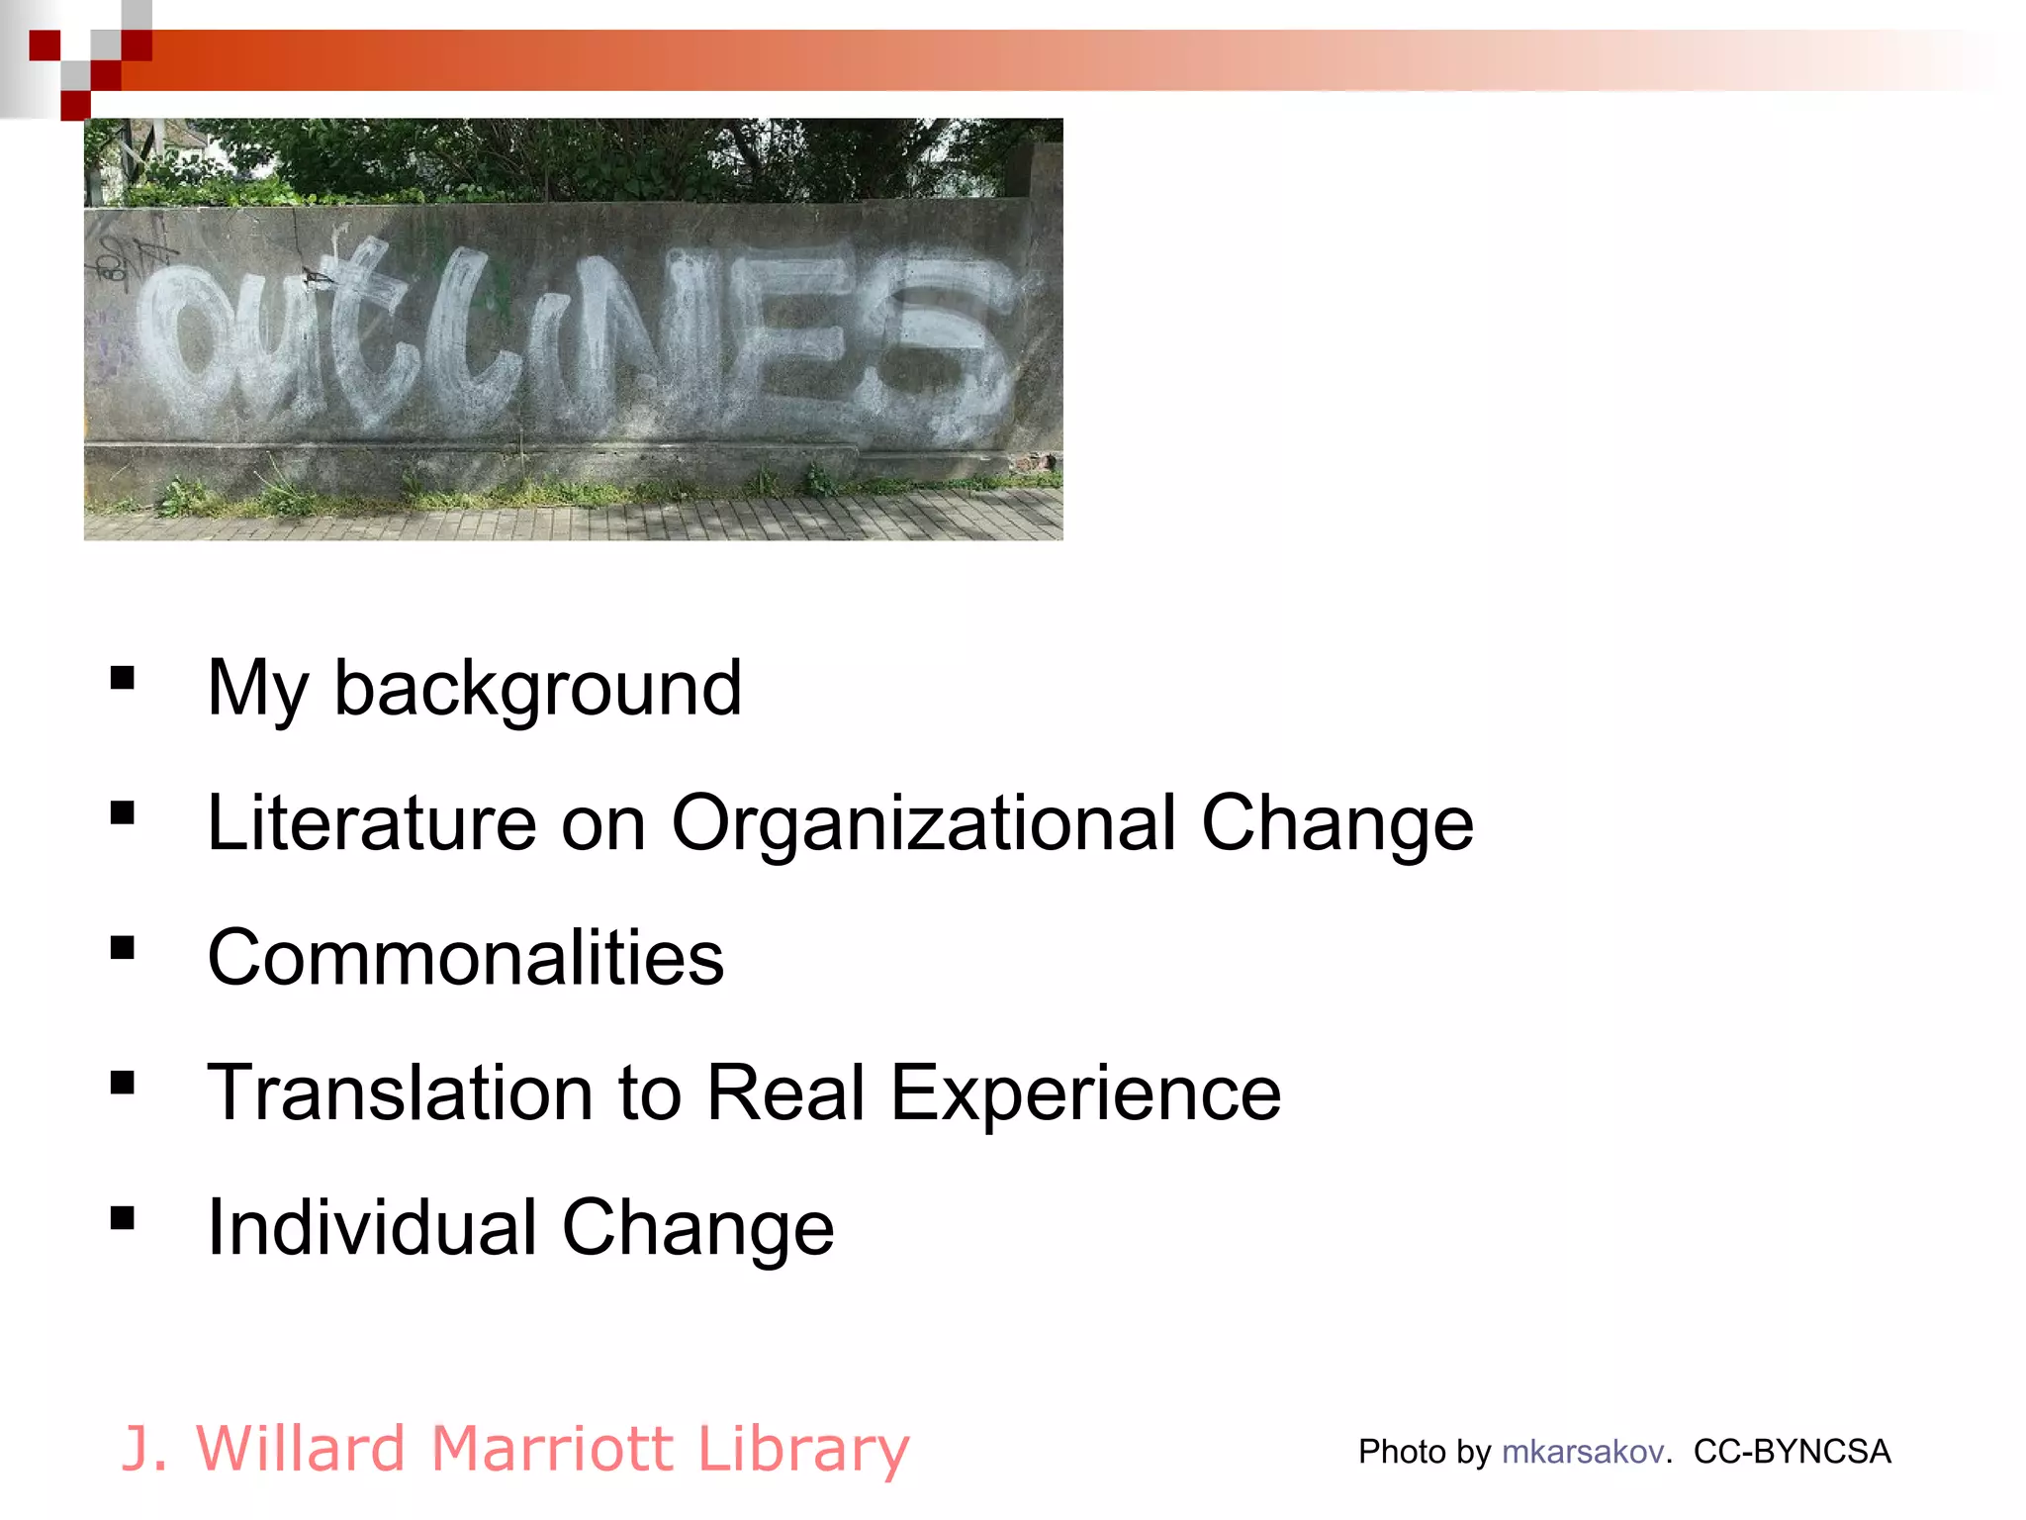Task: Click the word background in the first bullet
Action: [537, 689]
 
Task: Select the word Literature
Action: [372, 823]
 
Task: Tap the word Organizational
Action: [924, 823]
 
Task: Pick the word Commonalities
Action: [466, 958]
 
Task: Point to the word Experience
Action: [1085, 1094]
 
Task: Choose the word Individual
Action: [372, 1228]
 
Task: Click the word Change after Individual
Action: [698, 1229]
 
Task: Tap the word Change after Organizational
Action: [1336, 823]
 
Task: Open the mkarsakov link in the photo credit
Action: [1582, 1451]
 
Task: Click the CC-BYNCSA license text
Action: [1792, 1451]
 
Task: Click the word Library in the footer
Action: [802, 1450]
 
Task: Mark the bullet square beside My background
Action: [123, 678]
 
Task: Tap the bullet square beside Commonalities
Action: [123, 948]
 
